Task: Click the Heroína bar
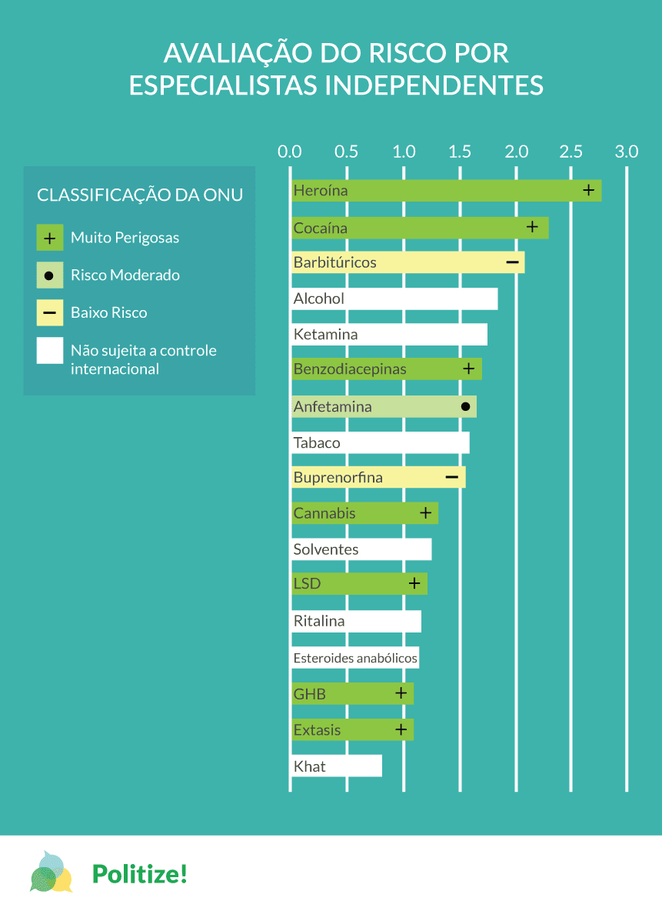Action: [x=446, y=191]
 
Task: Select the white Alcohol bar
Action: [x=394, y=299]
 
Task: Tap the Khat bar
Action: [x=336, y=766]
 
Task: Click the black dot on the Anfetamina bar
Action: [x=465, y=406]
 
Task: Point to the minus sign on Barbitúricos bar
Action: [x=513, y=262]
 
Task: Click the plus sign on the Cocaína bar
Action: [x=532, y=227]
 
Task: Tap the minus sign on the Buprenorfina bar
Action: [x=452, y=478]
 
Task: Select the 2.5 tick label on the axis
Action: [x=571, y=152]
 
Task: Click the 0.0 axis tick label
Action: [x=290, y=152]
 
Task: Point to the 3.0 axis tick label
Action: [x=627, y=152]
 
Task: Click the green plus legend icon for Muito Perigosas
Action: [x=49, y=238]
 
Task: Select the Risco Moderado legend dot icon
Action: [x=49, y=275]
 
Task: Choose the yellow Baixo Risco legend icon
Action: [x=49, y=313]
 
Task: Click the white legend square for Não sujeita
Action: [x=49, y=351]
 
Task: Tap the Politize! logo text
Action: [x=140, y=873]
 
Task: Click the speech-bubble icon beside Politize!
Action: [x=51, y=873]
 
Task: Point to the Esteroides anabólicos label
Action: [x=355, y=658]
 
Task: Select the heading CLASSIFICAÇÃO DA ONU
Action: [x=140, y=195]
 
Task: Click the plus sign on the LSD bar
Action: [x=414, y=584]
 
